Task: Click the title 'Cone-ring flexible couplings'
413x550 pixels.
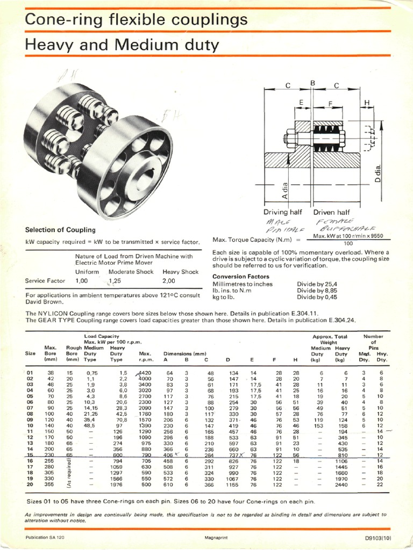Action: [x=137, y=20]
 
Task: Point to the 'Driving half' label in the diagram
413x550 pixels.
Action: [x=283, y=212]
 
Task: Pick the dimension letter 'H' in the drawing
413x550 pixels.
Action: [x=367, y=103]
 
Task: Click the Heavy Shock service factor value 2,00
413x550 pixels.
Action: [x=169, y=280]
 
